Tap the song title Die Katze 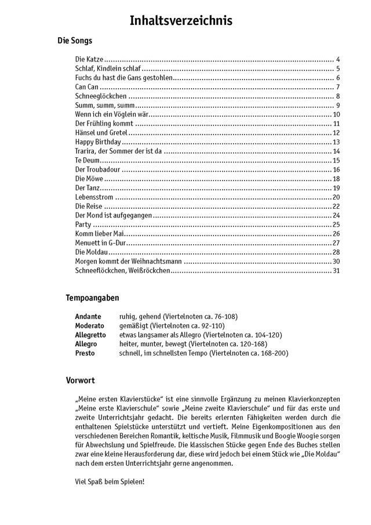(x=89, y=60)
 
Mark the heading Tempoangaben (x=93, y=298)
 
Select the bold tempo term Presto (x=85, y=353)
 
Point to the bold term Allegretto (x=90, y=335)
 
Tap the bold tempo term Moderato (x=89, y=325)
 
